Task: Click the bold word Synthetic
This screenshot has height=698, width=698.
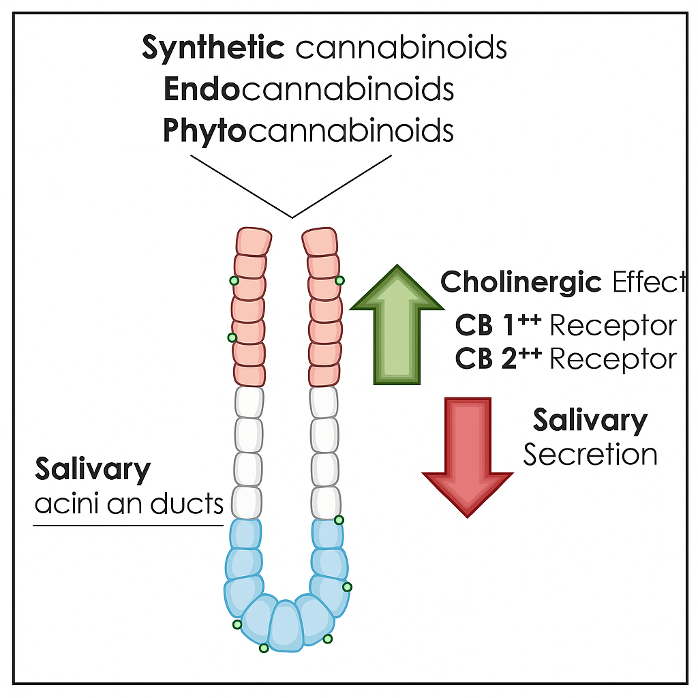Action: pyautogui.click(x=213, y=48)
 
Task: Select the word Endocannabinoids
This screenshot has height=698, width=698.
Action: pyautogui.click(x=308, y=89)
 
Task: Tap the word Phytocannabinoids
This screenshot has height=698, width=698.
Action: pyautogui.click(x=308, y=130)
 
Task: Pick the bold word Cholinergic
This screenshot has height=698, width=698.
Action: pyautogui.click(x=521, y=282)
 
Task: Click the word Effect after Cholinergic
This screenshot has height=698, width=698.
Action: pyautogui.click(x=649, y=282)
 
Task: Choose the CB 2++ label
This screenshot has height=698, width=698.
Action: pyautogui.click(x=498, y=358)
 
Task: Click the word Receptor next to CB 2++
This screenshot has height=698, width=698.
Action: pyautogui.click(x=613, y=359)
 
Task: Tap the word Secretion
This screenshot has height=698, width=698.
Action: pyautogui.click(x=590, y=455)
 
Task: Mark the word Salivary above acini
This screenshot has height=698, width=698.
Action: pyautogui.click(x=93, y=470)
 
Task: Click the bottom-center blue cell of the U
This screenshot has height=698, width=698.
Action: pyautogui.click(x=285, y=626)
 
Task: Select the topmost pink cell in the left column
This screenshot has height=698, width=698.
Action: pyautogui.click(x=254, y=241)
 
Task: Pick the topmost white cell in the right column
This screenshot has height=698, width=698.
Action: pyautogui.click(x=324, y=401)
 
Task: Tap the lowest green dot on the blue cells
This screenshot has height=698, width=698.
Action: pyautogui.click(x=264, y=648)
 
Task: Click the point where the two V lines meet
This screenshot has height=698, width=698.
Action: pyautogui.click(x=292, y=217)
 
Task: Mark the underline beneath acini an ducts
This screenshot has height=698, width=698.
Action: pyautogui.click(x=128, y=525)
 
